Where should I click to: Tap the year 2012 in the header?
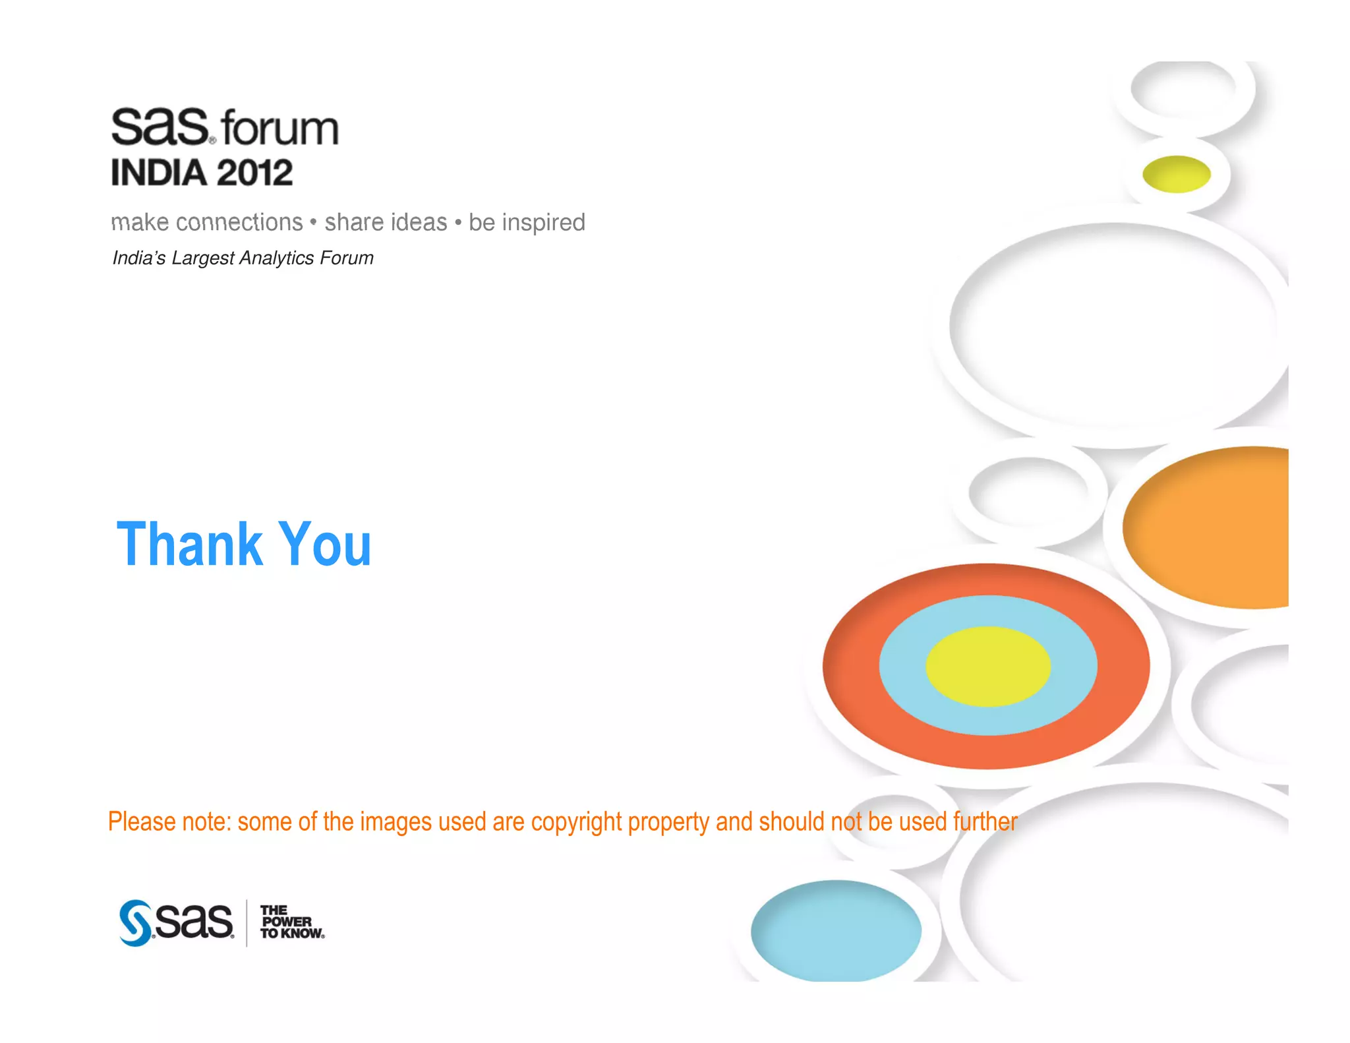point(254,173)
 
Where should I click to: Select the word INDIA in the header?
point(159,173)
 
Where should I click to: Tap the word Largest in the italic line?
point(202,258)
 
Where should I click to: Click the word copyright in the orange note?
point(576,822)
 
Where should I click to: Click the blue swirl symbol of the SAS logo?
point(135,923)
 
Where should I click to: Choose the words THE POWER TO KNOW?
point(291,922)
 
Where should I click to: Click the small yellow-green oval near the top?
point(1176,174)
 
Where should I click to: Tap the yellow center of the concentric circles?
point(987,666)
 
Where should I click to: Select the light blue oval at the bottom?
point(836,930)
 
